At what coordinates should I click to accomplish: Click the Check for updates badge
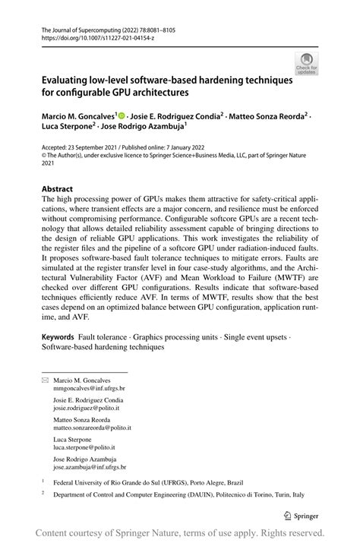click(x=307, y=63)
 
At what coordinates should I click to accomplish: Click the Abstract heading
click(x=57, y=188)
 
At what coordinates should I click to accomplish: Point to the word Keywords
click(x=58, y=336)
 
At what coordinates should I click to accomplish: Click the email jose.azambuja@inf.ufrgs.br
click(x=90, y=467)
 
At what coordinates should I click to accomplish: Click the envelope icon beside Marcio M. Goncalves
click(x=45, y=380)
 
